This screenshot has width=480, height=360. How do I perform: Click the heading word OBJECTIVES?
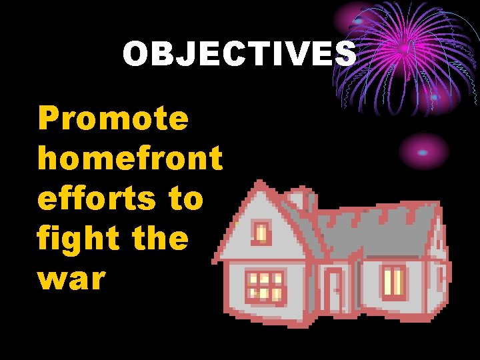point(239,54)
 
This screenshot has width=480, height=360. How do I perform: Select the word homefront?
point(130,159)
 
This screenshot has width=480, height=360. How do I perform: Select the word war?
point(72,279)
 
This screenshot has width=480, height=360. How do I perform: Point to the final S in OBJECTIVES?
point(345,54)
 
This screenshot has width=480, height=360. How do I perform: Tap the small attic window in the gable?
point(261,233)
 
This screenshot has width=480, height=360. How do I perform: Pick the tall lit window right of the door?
point(393,283)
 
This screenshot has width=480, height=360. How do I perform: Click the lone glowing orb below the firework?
point(422,151)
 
